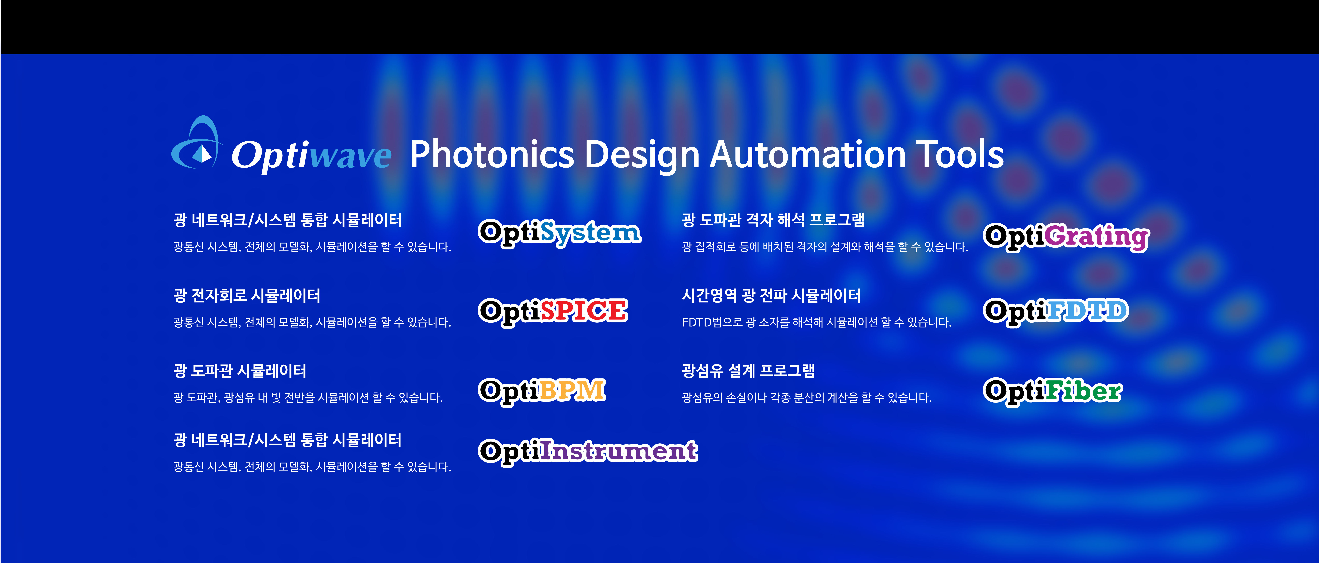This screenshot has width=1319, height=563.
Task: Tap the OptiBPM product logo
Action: [542, 391]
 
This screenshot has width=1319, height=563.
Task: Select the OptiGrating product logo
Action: [1067, 237]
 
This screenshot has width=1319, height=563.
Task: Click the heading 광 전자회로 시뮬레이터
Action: [247, 295]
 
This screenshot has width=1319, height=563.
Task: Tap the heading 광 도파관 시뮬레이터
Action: [240, 371]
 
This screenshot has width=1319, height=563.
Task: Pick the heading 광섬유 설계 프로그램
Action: [748, 371]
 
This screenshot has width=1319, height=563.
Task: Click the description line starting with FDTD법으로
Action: [816, 322]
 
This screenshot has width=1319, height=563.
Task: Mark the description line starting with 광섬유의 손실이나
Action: [806, 398]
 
